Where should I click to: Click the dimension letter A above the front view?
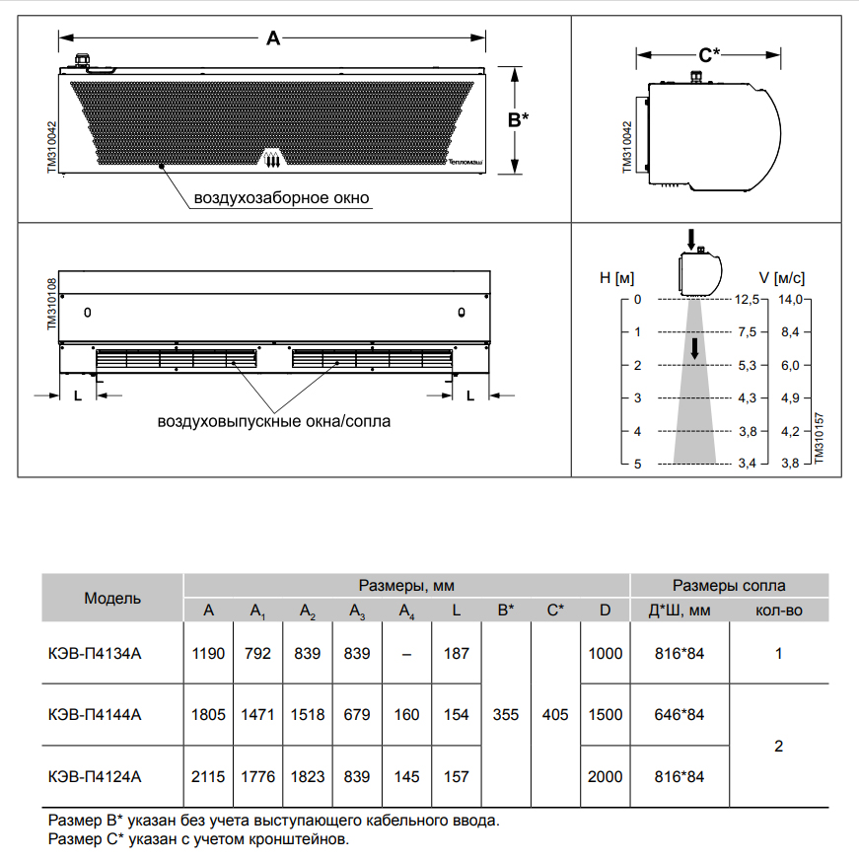coord(274,38)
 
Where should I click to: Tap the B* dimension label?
coord(518,119)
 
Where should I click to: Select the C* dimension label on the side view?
coord(708,55)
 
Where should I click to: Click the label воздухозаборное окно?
coord(281,198)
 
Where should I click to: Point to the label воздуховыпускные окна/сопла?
coord(274,422)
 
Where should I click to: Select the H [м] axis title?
coord(615,278)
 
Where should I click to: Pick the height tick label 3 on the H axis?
coord(637,398)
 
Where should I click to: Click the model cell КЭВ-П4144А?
coord(95,715)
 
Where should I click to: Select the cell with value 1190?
coord(208,653)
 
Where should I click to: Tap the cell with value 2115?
coord(208,777)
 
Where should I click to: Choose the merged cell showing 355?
coord(505,715)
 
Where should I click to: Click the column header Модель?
coord(112,598)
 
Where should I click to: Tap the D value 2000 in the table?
coord(605,777)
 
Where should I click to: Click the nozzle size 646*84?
coord(680,715)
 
